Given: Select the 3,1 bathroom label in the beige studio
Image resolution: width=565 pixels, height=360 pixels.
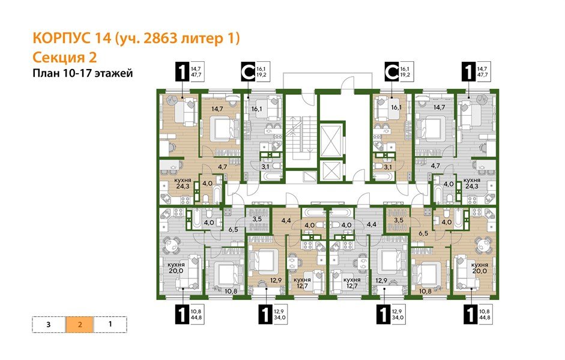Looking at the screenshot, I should coord(387,166).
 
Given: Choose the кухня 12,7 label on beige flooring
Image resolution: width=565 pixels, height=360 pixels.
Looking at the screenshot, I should coord(301,283).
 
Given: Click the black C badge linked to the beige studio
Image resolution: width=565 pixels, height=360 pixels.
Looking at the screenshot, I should coord(392,72).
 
